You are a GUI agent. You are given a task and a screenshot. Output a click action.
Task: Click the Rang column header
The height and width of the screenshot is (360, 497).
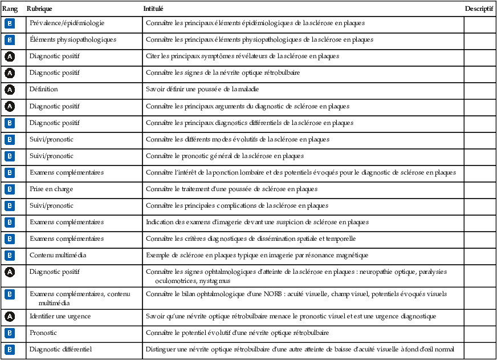pyautogui.click(x=10, y=10)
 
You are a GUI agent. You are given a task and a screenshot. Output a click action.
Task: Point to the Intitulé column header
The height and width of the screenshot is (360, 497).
pyautogui.click(x=153, y=10)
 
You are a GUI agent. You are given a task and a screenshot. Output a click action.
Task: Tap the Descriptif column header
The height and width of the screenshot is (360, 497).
pyautogui.click(x=479, y=10)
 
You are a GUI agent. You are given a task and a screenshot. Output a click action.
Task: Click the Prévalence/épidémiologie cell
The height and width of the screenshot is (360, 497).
pyautogui.click(x=67, y=23)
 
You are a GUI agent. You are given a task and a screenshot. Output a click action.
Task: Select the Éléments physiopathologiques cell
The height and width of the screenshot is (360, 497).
pyautogui.click(x=73, y=40)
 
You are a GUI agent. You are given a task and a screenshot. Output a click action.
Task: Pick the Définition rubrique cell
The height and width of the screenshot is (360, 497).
pyautogui.click(x=44, y=90)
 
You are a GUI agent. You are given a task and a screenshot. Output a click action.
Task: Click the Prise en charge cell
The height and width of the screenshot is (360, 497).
pyautogui.click(x=51, y=189)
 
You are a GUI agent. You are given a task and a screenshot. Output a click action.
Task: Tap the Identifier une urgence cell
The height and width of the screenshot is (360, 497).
pyautogui.click(x=60, y=316)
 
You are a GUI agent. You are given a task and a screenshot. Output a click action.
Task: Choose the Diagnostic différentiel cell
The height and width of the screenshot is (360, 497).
pyautogui.click(x=61, y=349)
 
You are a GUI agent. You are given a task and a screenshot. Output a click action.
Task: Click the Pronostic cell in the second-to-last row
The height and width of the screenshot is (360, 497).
pyautogui.click(x=43, y=333)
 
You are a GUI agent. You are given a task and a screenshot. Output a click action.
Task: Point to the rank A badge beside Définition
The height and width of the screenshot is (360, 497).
pyautogui.click(x=10, y=90)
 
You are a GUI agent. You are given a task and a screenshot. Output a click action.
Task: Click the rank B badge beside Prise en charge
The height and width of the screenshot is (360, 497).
pyautogui.click(x=10, y=189)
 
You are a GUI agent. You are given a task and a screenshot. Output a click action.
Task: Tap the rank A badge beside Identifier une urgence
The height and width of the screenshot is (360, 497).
pyautogui.click(x=10, y=316)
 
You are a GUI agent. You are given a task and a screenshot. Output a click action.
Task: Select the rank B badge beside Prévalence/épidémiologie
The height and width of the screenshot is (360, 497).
pyautogui.click(x=10, y=23)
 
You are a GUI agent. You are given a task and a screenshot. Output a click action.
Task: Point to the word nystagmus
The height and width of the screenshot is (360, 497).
pyautogui.click(x=215, y=281)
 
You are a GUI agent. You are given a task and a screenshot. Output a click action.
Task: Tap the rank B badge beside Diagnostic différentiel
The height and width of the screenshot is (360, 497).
pyautogui.click(x=10, y=349)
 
